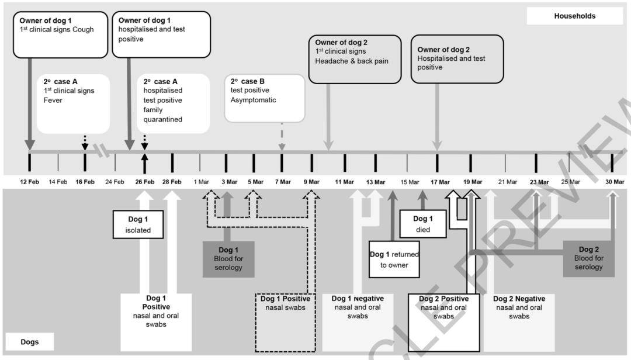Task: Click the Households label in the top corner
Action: [575, 16]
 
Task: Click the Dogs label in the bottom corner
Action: [30, 342]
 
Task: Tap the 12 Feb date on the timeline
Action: [29, 182]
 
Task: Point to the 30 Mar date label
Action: [615, 182]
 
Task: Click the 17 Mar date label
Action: [440, 182]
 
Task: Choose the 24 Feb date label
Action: [115, 182]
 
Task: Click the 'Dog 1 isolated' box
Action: [138, 224]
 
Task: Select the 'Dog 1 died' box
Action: [422, 224]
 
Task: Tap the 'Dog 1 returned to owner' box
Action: [394, 259]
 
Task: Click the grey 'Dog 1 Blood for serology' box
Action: [228, 258]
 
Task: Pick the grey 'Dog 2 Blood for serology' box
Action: [588, 258]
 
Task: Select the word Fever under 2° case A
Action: [53, 100]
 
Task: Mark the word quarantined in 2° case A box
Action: [162, 119]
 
